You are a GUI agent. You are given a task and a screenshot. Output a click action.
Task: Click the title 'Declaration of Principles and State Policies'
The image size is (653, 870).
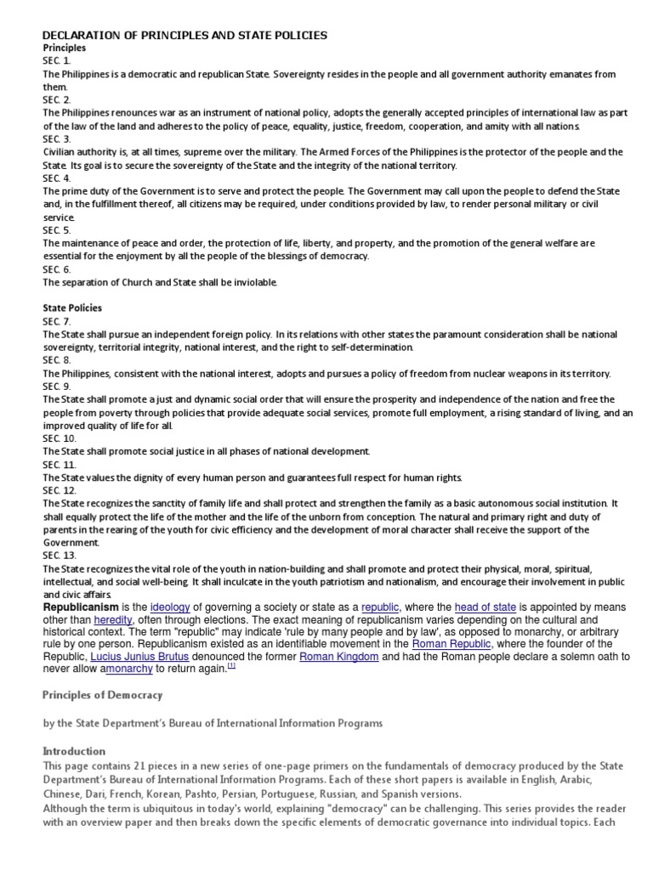(x=185, y=35)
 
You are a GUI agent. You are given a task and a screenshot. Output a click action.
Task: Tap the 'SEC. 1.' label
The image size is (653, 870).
(x=57, y=61)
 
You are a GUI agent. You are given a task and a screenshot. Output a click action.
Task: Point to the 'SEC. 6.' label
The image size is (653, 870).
(x=57, y=268)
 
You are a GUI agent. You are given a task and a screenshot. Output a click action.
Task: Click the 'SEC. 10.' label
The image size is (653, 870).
(x=60, y=438)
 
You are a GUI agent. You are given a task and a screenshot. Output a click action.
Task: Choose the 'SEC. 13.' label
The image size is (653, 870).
(x=60, y=555)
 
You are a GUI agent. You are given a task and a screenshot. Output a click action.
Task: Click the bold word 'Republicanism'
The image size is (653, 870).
(x=81, y=607)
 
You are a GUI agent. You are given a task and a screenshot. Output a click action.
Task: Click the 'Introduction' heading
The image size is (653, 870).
(x=74, y=751)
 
